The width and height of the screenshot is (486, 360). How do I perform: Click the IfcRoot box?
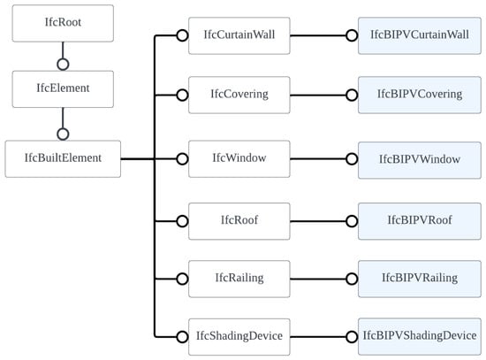(63, 23)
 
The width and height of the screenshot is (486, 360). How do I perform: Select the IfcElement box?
(63, 89)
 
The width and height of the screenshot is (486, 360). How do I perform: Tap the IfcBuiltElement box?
(63, 159)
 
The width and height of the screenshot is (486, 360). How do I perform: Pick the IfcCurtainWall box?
(239, 35)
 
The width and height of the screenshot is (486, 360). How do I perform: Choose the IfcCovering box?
(239, 95)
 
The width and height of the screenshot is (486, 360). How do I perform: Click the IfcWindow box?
(239, 159)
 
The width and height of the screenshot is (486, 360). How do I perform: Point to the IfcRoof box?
(239, 221)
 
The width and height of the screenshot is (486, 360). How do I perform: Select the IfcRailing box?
(239, 279)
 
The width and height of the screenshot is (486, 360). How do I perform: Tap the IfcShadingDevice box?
(239, 337)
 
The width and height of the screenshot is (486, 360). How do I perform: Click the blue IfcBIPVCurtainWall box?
(420, 35)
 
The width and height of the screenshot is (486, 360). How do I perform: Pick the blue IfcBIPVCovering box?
(420, 95)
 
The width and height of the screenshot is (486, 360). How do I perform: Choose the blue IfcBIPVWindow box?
(420, 160)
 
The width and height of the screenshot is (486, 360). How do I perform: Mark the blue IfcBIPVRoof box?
(420, 221)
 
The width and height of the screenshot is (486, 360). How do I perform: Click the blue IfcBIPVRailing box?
(420, 279)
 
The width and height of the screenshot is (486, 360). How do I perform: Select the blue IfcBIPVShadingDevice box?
(420, 337)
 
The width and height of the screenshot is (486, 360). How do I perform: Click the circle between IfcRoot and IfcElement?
(63, 58)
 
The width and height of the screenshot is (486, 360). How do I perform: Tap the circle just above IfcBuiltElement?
(63, 128)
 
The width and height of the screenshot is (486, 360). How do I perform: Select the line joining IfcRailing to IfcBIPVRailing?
(318, 279)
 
